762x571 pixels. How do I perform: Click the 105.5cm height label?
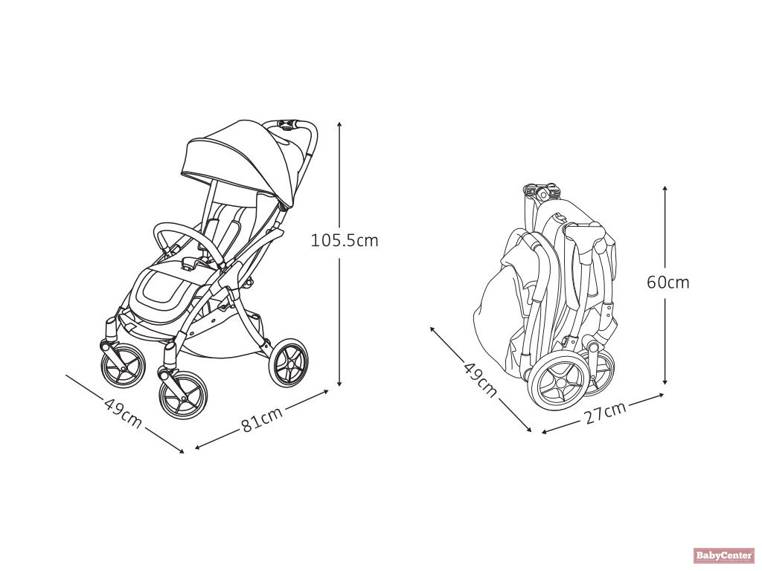point(345,241)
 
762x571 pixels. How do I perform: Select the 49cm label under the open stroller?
point(123,413)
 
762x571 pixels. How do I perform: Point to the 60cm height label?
point(667,283)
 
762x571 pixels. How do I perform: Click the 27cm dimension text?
point(604,413)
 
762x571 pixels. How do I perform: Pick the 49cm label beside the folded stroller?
point(480,379)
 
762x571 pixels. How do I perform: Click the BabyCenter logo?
point(724,555)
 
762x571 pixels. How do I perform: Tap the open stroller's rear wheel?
point(289,364)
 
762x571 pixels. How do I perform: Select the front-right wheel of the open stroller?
point(183,394)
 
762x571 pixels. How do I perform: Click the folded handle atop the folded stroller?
point(542,190)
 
